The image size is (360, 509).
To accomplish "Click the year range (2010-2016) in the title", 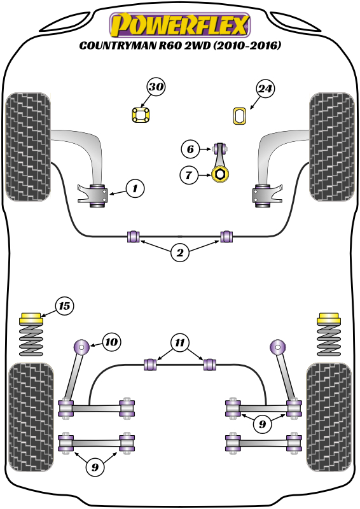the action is [247, 45].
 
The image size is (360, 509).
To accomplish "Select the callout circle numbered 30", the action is [156, 87].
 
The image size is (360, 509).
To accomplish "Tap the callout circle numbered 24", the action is [265, 88].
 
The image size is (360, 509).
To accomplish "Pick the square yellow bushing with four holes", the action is [141, 115].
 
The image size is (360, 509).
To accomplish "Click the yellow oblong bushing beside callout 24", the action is [240, 116].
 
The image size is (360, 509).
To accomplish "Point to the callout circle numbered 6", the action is [190, 150].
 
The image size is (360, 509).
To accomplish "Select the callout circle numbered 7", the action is [189, 176].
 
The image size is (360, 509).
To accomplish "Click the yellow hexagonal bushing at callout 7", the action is [220, 174].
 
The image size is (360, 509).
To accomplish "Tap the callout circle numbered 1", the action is [135, 188].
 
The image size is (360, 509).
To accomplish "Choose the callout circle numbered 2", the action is [180, 253].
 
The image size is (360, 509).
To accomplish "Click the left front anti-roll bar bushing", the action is [134, 236].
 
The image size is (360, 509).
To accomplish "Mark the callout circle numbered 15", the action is [64, 306].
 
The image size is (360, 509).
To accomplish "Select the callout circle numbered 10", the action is [111, 342].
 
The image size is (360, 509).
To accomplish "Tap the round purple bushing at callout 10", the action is [81, 347].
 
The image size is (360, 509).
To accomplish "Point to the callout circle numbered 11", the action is [180, 343].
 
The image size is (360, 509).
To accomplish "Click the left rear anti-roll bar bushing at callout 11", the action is [150, 364].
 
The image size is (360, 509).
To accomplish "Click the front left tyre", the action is [28, 147].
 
